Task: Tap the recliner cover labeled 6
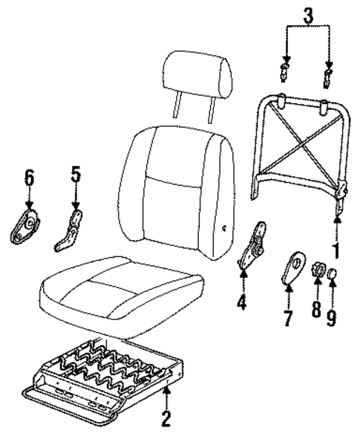pyautogui.click(x=27, y=225)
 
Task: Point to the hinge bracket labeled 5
pyautogui.click(x=72, y=230)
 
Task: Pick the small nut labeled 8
pyautogui.click(x=315, y=270)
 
